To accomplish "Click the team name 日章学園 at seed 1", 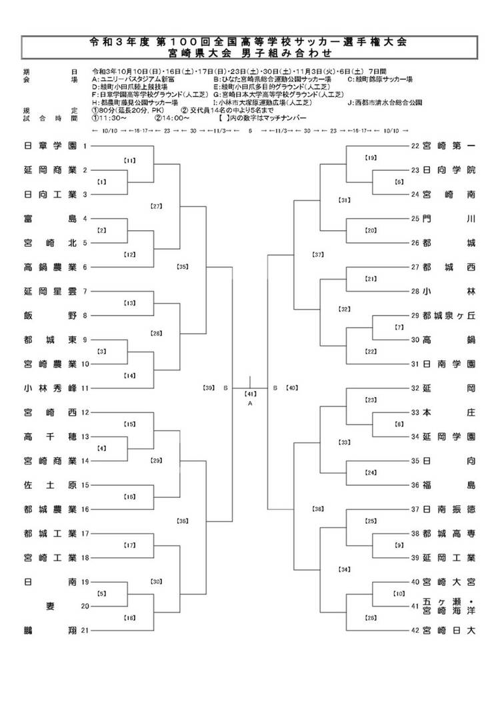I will tap(50, 145).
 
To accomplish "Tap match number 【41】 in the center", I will tap(250, 394).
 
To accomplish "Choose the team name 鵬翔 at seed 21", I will tap(50, 630).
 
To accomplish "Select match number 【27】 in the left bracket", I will tap(157, 206).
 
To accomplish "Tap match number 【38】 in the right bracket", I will tap(318, 508).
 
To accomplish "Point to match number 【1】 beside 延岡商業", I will tap(102, 182).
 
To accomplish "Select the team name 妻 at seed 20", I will tap(50, 606).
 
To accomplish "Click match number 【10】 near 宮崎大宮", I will tap(399, 593).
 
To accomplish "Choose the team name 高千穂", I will tap(50, 436).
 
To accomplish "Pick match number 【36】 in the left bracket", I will tap(183, 520).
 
